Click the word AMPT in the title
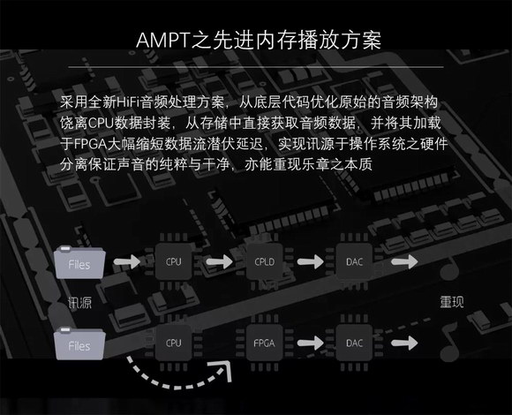(x=163, y=40)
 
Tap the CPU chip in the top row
(x=173, y=261)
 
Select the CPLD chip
(x=265, y=261)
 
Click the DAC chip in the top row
(x=354, y=261)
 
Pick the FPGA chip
(x=265, y=343)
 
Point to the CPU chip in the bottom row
(x=173, y=343)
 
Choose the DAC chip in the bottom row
(x=354, y=343)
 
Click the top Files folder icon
(x=79, y=262)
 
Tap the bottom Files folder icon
(x=79, y=343)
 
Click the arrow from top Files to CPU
(x=127, y=261)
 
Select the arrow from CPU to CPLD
(x=220, y=261)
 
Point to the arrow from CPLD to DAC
(x=310, y=261)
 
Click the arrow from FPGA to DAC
(x=310, y=343)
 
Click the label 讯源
(x=79, y=303)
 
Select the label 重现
(x=452, y=302)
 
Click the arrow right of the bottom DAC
(x=404, y=343)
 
